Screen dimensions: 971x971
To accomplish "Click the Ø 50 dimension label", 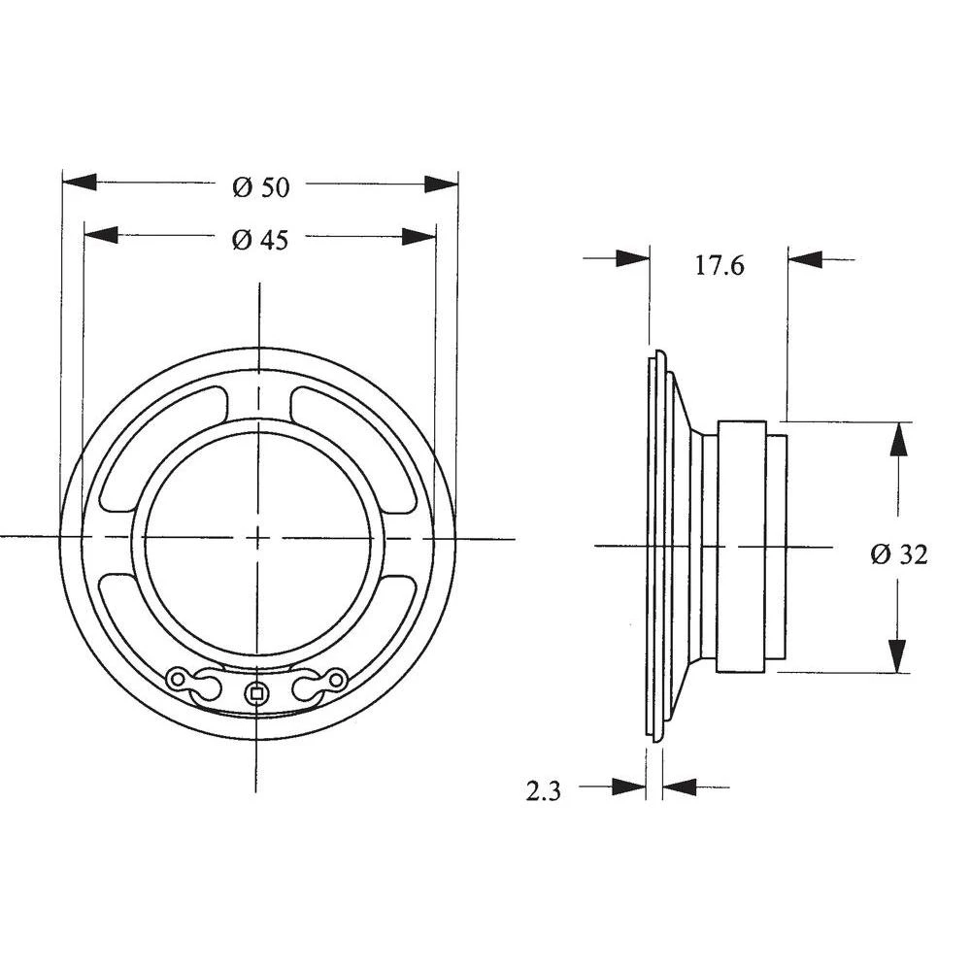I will point(260,187).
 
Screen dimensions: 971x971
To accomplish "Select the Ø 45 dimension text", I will point(260,240).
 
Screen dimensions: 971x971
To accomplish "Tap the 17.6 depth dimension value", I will point(719,265).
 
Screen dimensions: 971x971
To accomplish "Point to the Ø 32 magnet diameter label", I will point(899,554).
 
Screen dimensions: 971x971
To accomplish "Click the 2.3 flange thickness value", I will point(543,791).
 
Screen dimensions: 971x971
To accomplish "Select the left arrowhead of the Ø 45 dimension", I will point(101,235).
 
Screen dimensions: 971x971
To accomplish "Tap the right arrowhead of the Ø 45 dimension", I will point(419,236).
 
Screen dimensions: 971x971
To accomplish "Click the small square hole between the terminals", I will point(255,692).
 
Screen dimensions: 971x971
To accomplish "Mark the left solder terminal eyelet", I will point(179,679).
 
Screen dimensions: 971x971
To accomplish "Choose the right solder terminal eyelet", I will point(336,679).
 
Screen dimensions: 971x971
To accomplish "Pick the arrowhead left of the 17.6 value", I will point(632,258).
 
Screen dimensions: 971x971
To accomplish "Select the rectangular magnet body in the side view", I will point(742,547).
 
